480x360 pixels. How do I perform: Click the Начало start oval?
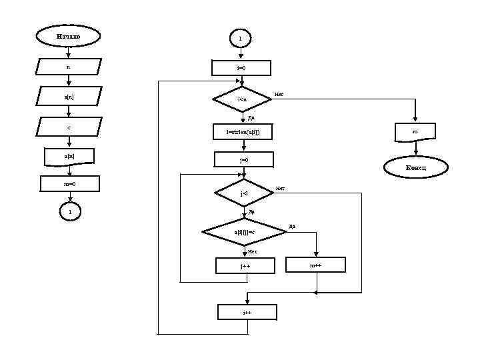point(68,36)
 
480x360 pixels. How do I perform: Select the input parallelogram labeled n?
point(68,67)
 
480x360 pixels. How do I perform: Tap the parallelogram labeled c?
point(69,126)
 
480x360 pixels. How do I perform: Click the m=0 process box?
point(69,183)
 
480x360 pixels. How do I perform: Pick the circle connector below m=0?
point(69,212)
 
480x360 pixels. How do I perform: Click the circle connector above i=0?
point(240,39)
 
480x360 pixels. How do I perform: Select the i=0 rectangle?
point(241,68)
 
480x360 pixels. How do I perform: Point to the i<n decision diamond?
point(241,99)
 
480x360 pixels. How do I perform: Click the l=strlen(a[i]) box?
point(243,132)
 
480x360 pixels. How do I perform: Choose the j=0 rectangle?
point(243,160)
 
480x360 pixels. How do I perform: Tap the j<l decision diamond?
point(243,193)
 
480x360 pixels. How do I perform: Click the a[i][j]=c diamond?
point(244,231)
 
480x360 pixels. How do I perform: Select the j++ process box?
point(245,266)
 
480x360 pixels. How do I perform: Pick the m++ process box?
point(316,265)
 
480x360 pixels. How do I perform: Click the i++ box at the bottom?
point(247,312)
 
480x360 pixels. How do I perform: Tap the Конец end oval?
point(415,167)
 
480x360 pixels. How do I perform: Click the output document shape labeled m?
point(415,131)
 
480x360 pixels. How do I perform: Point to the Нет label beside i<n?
point(279,94)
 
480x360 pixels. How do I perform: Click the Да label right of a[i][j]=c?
point(292,227)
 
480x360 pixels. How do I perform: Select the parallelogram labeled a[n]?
point(69,97)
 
